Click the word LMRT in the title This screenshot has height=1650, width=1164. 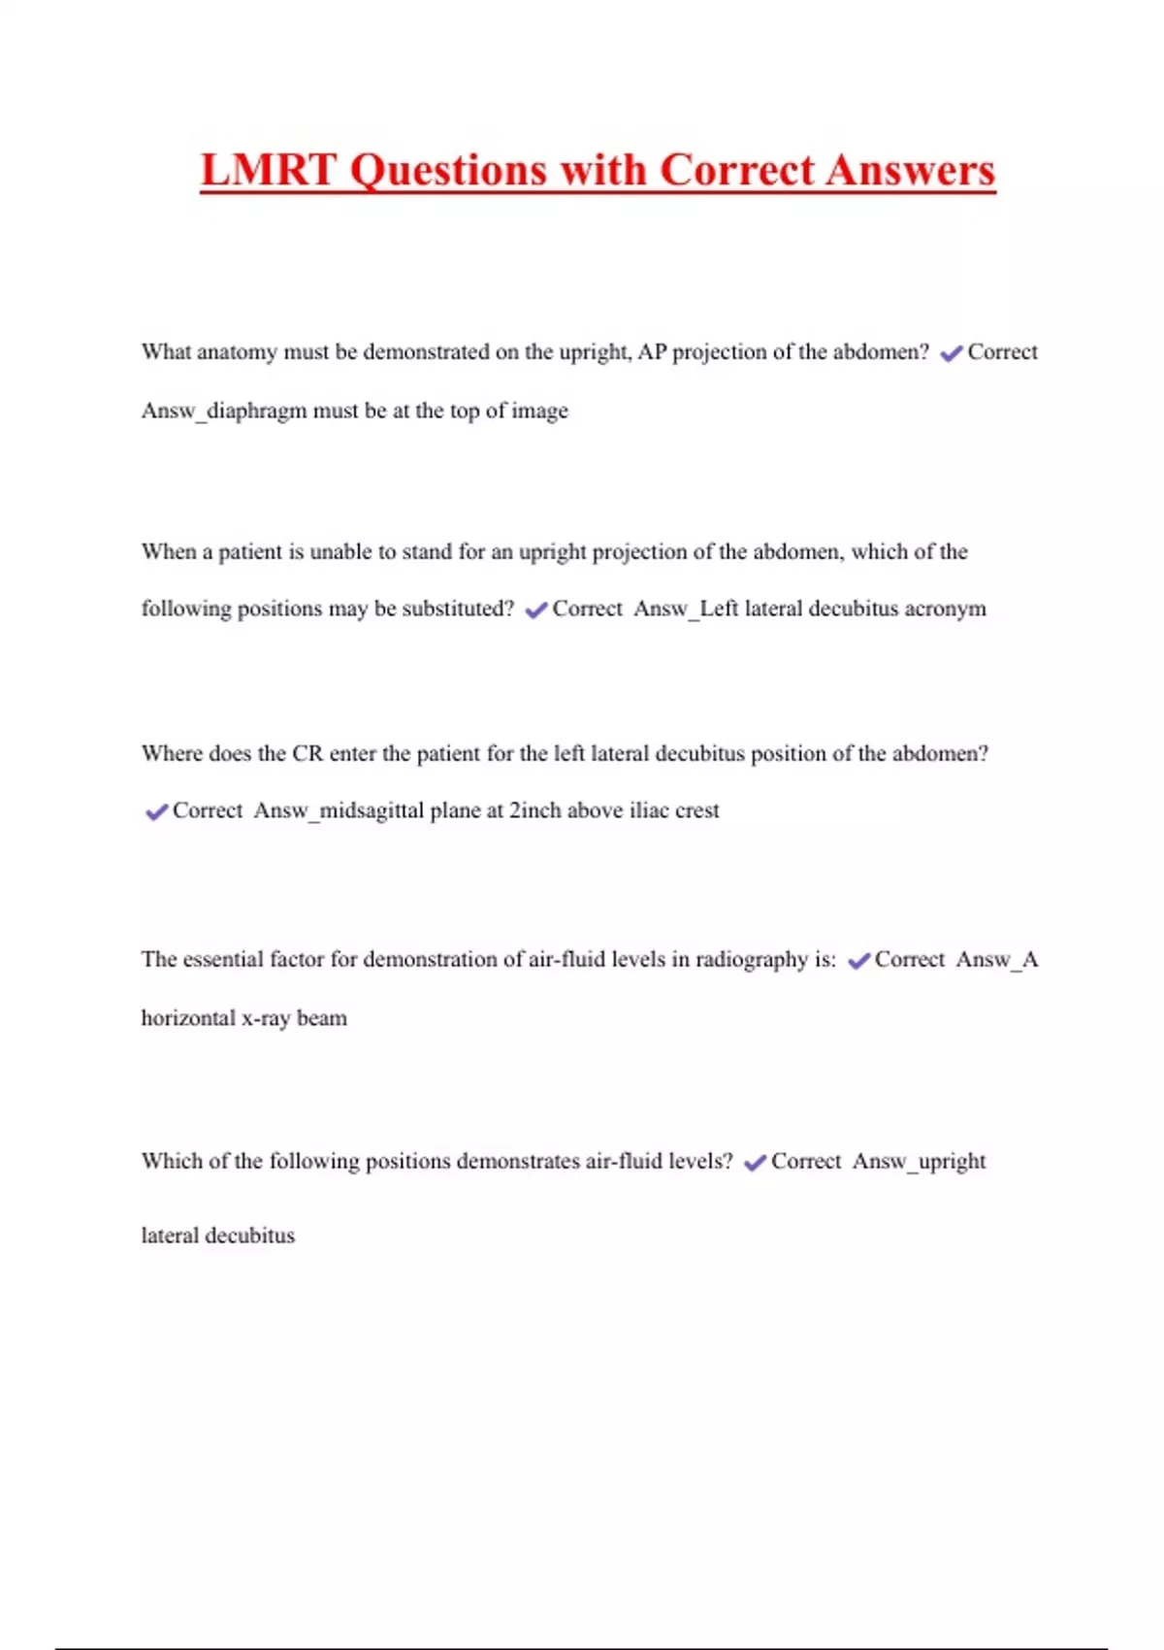point(268,171)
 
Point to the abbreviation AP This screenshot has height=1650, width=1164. point(652,352)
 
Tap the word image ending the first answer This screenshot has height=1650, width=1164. point(539,412)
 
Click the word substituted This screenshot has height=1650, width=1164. point(458,609)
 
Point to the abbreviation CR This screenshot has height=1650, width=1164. point(307,754)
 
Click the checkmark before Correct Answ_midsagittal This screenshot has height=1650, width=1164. point(156,811)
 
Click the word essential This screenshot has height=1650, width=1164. point(223,960)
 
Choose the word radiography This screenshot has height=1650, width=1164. point(751,960)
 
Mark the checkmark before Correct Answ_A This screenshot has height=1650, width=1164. point(858,961)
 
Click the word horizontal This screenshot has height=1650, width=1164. point(187,1018)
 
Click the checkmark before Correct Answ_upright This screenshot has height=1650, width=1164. point(755,1163)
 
